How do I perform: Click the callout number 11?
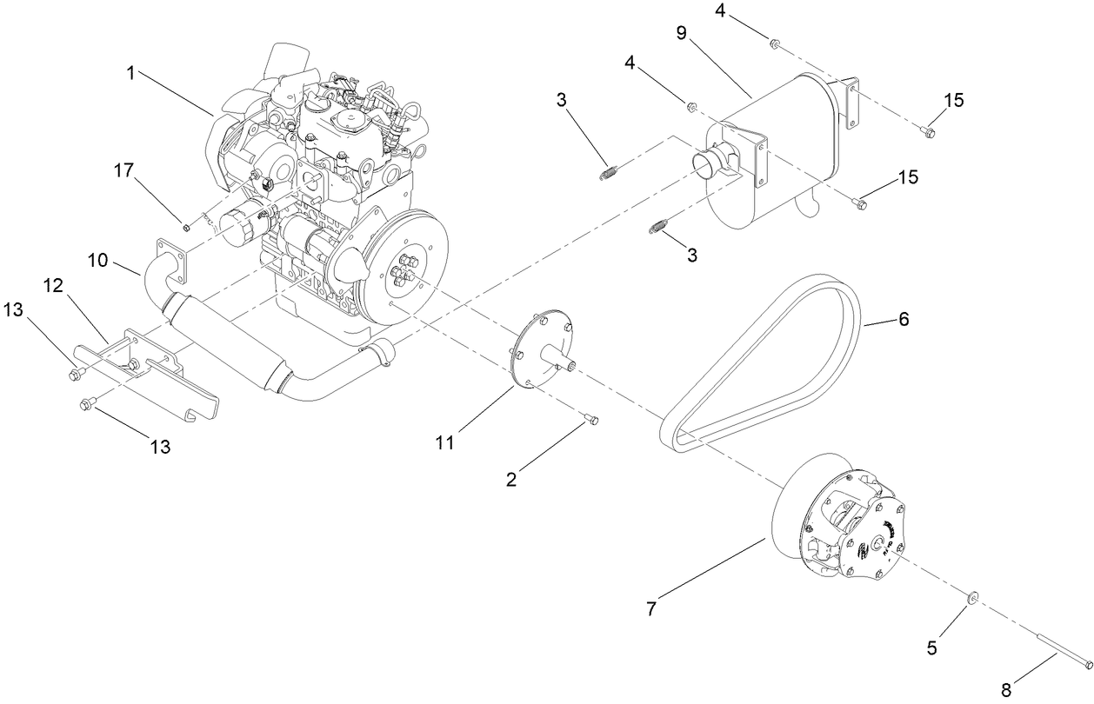[444, 442]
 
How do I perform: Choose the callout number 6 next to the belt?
[903, 320]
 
